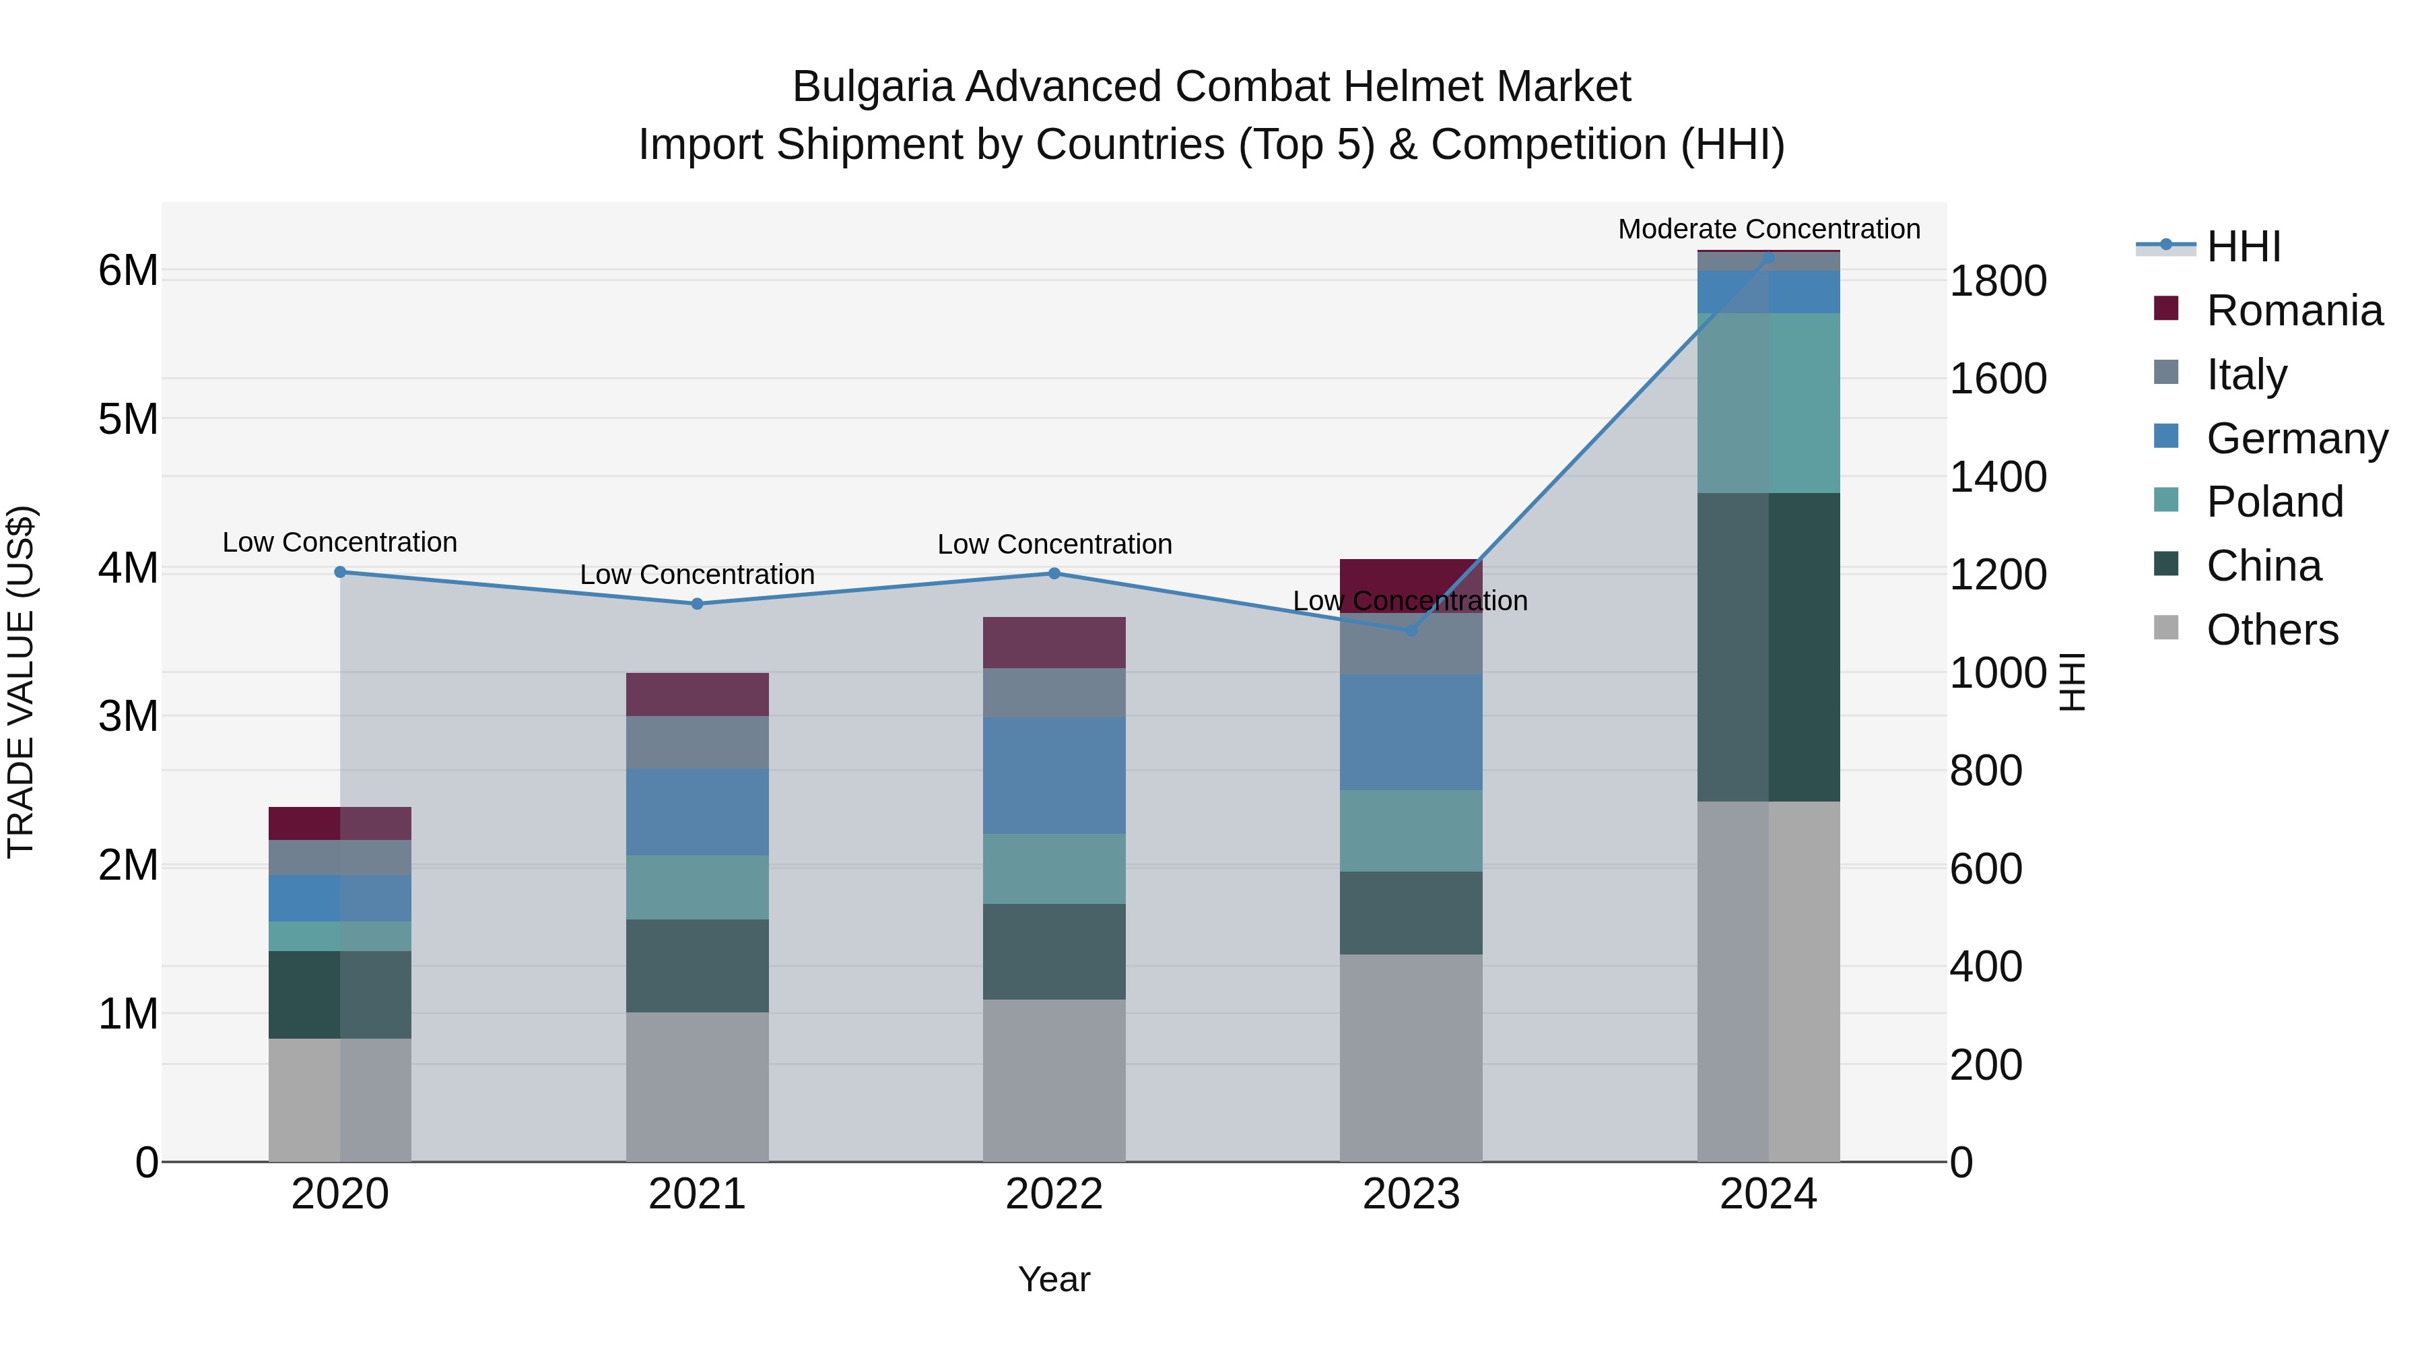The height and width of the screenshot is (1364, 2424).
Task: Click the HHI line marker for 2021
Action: coord(698,604)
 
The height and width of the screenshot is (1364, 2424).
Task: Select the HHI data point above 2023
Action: coord(1411,630)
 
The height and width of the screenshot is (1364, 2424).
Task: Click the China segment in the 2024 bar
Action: coord(1768,647)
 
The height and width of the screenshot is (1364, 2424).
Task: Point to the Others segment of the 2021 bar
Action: coord(698,1086)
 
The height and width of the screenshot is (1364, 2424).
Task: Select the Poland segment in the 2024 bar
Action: coord(1768,403)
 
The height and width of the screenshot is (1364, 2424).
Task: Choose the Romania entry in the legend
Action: coord(2293,311)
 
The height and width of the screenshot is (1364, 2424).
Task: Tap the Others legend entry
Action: coord(2272,630)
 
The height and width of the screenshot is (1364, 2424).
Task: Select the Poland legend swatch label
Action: coord(2275,502)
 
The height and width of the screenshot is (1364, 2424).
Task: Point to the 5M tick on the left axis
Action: coord(129,419)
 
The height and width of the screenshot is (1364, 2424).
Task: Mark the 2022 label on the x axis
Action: coord(1054,1194)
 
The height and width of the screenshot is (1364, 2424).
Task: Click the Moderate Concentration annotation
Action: coord(1768,229)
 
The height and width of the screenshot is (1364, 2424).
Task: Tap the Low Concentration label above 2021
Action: coord(698,574)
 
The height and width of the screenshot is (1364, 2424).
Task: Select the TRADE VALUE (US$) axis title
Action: coord(21,682)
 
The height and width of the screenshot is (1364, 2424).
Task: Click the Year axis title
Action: coord(1054,1279)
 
